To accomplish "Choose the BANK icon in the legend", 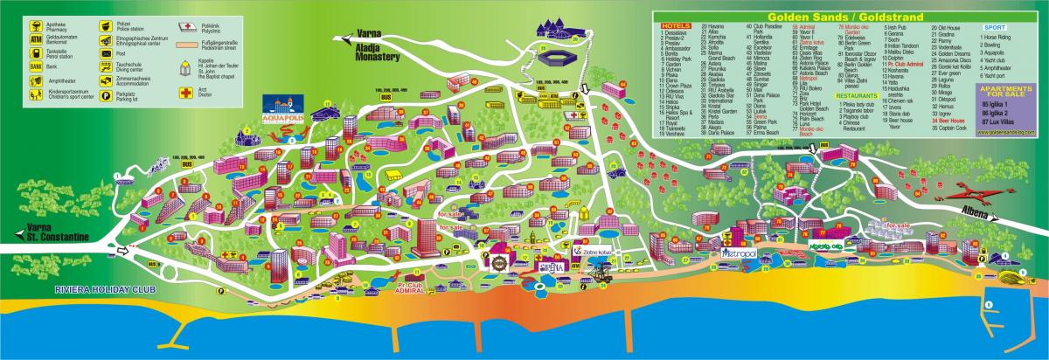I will (36, 66).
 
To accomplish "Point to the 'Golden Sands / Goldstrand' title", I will (848, 16).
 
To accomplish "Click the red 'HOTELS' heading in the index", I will (671, 27).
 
